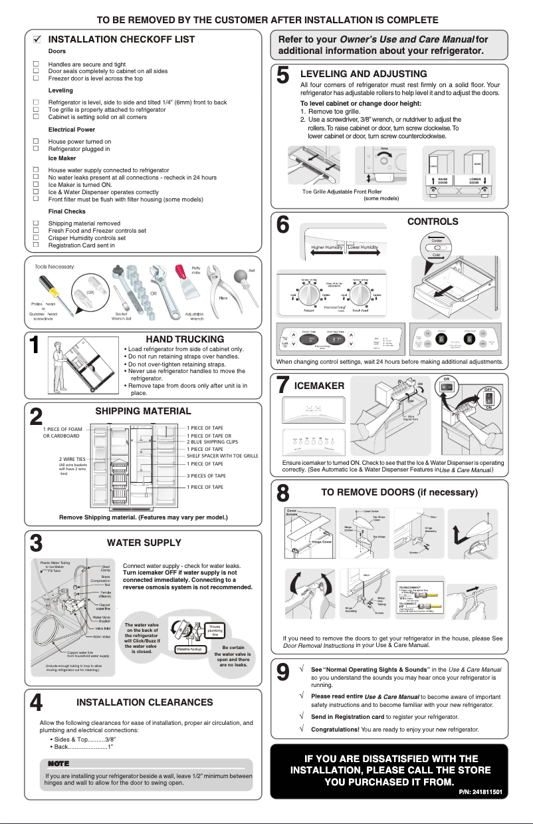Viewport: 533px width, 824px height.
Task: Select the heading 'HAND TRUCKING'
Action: click(185, 339)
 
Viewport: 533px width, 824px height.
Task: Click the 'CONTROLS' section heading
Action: click(432, 221)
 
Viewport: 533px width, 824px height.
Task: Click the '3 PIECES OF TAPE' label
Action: click(206, 476)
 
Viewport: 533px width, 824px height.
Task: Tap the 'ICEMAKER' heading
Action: click(319, 386)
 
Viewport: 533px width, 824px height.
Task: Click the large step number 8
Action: click(282, 495)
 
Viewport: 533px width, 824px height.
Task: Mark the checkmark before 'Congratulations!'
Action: click(302, 730)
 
